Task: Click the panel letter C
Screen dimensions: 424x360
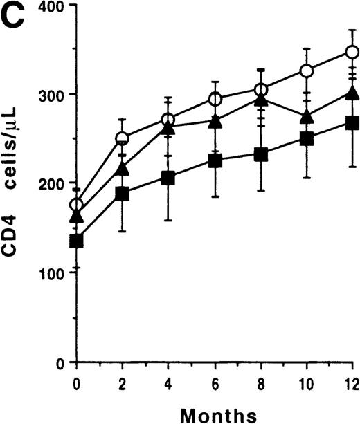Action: coord(15,17)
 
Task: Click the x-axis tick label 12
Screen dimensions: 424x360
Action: coord(352,382)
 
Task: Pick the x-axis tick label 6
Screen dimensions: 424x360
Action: coord(215,382)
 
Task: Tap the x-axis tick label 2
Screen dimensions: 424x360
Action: coord(122,382)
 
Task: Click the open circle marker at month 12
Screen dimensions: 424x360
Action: coord(352,53)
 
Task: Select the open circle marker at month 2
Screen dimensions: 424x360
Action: coord(123,139)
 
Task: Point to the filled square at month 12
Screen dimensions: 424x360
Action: coord(352,123)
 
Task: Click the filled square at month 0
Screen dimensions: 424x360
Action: coord(76,241)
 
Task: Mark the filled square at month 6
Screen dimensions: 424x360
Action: coord(215,161)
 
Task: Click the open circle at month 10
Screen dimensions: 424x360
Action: coord(306,71)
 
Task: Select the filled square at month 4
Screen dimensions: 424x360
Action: coord(168,178)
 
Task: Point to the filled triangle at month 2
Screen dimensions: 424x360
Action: coord(123,168)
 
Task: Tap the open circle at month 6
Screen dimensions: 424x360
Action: coord(215,100)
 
